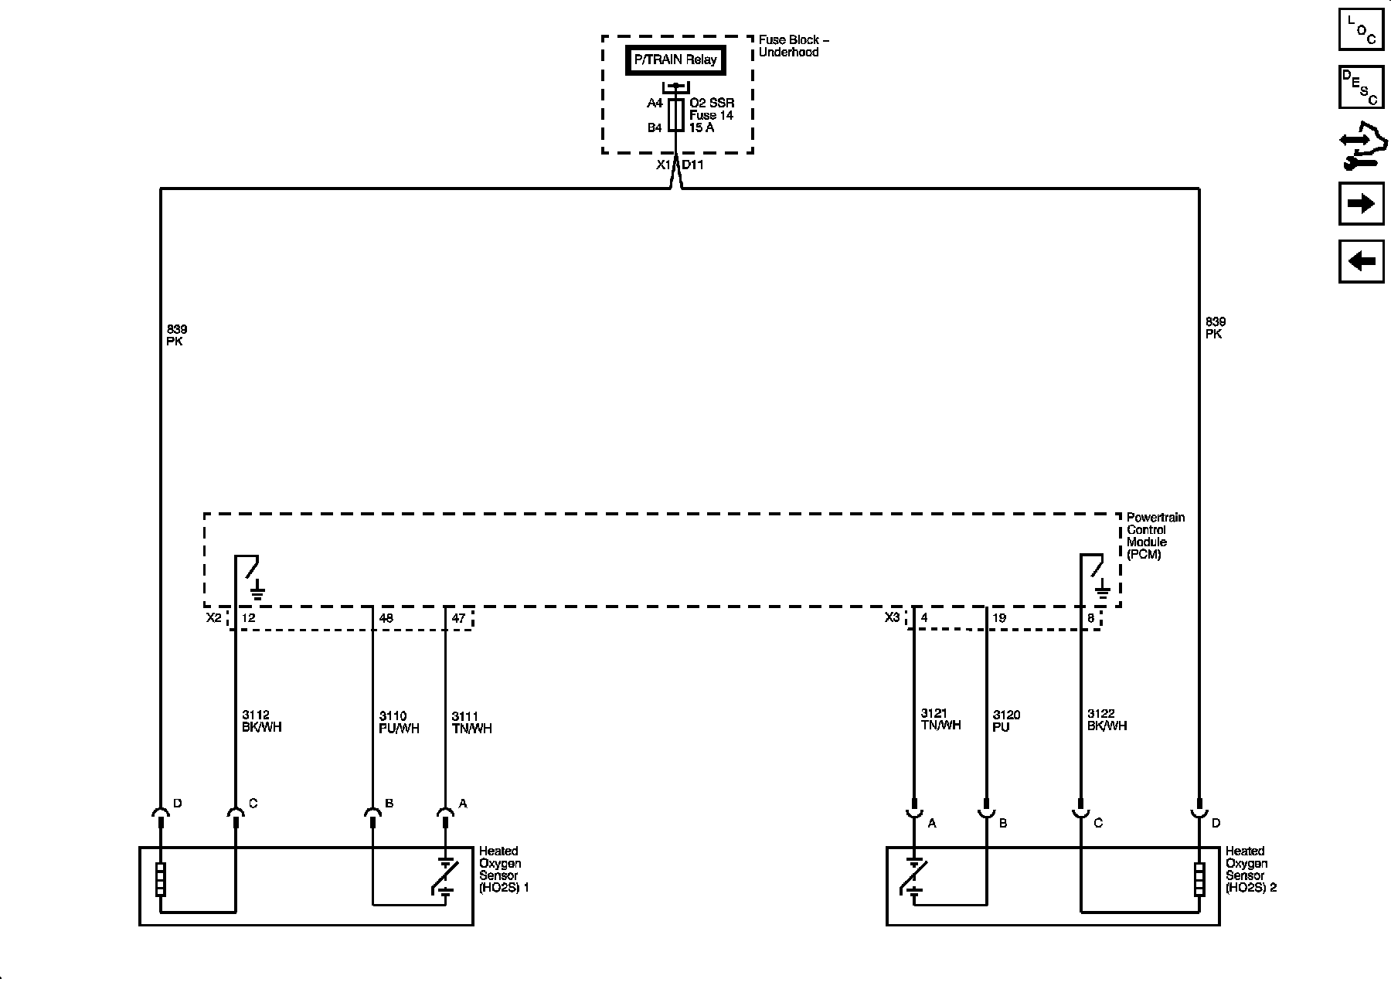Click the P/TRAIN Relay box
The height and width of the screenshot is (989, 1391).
675,59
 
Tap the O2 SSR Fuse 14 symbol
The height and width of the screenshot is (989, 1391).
675,114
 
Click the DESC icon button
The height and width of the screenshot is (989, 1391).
1361,87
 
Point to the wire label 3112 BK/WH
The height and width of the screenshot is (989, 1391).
261,722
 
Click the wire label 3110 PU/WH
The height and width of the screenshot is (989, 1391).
399,722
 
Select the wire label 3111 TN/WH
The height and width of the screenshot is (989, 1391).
471,722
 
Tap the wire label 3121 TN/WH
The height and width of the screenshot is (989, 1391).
940,719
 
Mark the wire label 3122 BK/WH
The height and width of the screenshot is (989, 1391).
1107,720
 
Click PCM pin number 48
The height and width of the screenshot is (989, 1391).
386,618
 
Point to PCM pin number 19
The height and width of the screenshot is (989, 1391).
999,618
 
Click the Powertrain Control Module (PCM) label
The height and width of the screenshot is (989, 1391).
1155,535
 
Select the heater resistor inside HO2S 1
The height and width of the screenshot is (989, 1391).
161,879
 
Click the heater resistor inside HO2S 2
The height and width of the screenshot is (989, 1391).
1199,879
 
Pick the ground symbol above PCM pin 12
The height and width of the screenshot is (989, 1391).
257,593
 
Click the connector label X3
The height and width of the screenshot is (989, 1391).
892,617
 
